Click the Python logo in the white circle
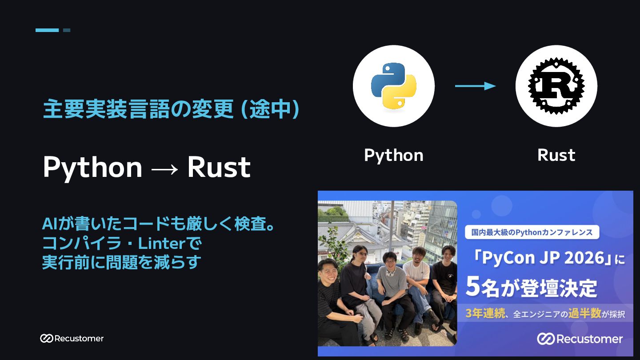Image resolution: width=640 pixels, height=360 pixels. point(393,86)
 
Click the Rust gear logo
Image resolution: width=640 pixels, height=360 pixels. point(556,86)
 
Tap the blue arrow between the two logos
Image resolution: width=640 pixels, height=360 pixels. point(475,86)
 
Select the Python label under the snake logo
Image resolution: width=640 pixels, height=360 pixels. point(393,156)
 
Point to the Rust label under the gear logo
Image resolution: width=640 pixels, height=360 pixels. point(556,156)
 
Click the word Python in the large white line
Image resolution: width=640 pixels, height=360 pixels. point(92,168)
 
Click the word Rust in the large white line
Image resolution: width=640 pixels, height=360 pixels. point(219,167)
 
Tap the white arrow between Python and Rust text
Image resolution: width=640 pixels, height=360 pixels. point(164,169)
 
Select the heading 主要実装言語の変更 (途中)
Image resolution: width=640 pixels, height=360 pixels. point(171,109)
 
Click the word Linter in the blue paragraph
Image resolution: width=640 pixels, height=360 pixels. point(162,244)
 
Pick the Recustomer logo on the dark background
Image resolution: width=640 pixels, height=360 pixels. point(72,338)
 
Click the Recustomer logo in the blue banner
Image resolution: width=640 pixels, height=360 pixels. point(580,339)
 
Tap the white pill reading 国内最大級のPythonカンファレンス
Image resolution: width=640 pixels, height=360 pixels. point(532,232)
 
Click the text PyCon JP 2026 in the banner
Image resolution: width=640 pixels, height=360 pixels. point(543,258)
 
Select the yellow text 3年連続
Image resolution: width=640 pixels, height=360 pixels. point(485,313)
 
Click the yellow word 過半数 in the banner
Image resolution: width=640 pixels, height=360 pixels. point(584,313)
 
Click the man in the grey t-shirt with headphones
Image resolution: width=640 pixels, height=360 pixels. point(392,294)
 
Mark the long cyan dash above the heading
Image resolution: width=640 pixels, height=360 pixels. point(47,30)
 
